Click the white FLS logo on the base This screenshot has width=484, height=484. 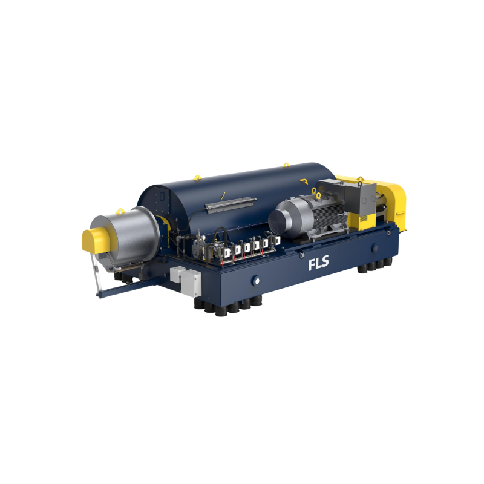[318, 263]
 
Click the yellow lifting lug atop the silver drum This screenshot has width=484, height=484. [120, 211]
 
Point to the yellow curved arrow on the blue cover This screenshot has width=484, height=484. [304, 181]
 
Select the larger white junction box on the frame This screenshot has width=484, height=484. [191, 283]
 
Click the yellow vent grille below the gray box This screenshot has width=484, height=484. [364, 218]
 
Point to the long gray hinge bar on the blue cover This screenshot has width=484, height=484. [231, 204]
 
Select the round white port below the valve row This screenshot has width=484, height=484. [256, 281]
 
